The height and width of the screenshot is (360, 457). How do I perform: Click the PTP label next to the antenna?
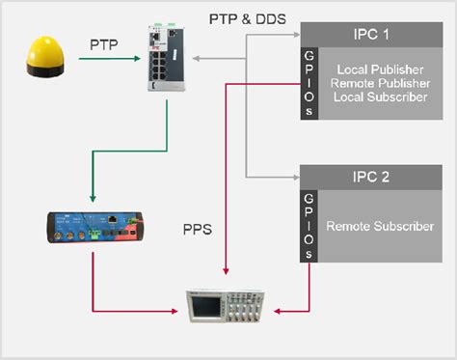[105, 44]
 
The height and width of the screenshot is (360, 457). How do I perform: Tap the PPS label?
[199, 231]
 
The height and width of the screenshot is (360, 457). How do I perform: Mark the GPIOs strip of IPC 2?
[309, 225]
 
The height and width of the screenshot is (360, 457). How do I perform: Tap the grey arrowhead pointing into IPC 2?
[295, 178]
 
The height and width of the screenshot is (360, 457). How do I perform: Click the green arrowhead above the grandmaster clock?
[92, 198]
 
